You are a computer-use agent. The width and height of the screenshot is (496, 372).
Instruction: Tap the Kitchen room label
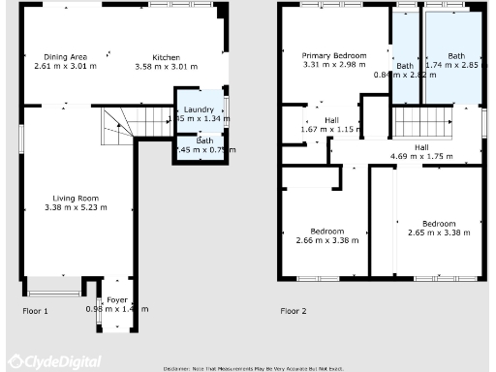pos(166,57)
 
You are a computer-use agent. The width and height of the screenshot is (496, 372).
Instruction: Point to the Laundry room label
pos(199,108)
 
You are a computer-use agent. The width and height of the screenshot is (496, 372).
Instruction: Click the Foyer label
pos(116,299)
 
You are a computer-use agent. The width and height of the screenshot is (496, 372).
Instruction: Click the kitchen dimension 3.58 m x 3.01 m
pos(166,67)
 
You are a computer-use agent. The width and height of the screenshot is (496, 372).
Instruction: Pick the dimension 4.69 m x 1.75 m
pos(421,156)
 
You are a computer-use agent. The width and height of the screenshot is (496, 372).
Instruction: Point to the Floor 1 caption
pos(35,311)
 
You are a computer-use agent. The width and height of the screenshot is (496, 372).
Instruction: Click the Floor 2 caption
pos(293,311)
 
